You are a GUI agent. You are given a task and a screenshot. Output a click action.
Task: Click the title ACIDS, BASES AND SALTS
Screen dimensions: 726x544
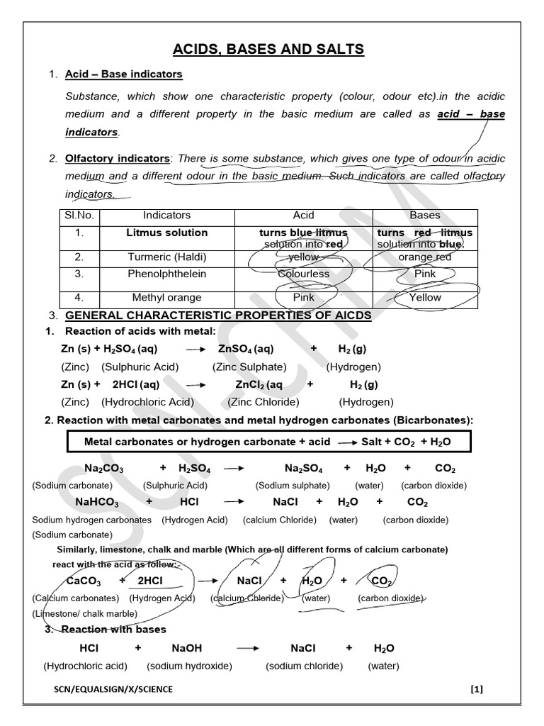(268, 49)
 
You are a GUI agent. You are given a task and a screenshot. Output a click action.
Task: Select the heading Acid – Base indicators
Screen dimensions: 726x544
(123, 74)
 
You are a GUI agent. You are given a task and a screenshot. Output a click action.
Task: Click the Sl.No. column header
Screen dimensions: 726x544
(79, 215)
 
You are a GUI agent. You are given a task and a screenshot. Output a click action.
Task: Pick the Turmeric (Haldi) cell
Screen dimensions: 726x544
(167, 257)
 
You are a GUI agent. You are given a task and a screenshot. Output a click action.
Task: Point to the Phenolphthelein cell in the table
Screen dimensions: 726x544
(167, 274)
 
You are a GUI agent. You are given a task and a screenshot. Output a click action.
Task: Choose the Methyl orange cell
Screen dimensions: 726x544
(167, 298)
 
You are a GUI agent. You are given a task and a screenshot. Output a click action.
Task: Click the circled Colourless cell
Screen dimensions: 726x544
(303, 274)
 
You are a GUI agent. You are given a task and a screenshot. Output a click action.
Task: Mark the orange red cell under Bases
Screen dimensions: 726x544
(425, 257)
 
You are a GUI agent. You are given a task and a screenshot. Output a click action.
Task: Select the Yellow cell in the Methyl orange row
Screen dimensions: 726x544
(425, 298)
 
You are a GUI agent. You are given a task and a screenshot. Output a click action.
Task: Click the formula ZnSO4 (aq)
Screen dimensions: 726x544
(246, 349)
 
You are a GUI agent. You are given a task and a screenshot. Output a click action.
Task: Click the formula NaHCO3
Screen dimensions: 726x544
(97, 502)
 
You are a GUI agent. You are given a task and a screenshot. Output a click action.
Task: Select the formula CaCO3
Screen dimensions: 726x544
(84, 581)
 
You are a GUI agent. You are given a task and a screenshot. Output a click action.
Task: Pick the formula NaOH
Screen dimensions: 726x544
(187, 648)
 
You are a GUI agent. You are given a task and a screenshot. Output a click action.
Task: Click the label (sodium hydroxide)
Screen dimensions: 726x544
(189, 666)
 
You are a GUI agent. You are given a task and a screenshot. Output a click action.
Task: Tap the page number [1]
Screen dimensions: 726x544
(476, 688)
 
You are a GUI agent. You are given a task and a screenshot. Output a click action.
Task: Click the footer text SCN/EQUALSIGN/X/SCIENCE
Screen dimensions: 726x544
(113, 689)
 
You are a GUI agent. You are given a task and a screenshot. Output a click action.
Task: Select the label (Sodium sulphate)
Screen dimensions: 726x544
(293, 486)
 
